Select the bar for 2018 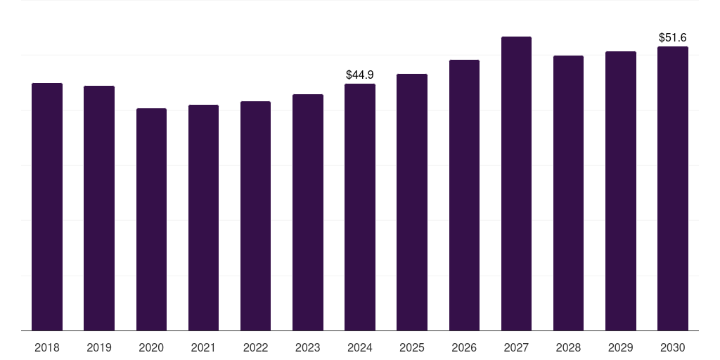[x=47, y=207]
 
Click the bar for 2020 [x=152, y=219]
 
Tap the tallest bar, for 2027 [x=517, y=184]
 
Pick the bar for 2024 [x=360, y=207]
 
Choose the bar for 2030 [x=673, y=188]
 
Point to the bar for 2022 [x=255, y=216]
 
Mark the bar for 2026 [x=464, y=195]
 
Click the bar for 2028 [x=568, y=193]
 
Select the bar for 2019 [x=99, y=208]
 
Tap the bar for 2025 [x=412, y=202]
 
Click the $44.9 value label [x=360, y=75]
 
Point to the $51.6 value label [x=673, y=37]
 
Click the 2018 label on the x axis [x=47, y=347]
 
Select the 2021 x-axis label [x=203, y=347]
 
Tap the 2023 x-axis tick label [x=308, y=347]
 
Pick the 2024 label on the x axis [x=360, y=347]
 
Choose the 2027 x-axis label [x=517, y=347]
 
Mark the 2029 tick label [x=621, y=347]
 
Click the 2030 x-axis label [x=673, y=347]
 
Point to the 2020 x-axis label [x=152, y=347]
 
